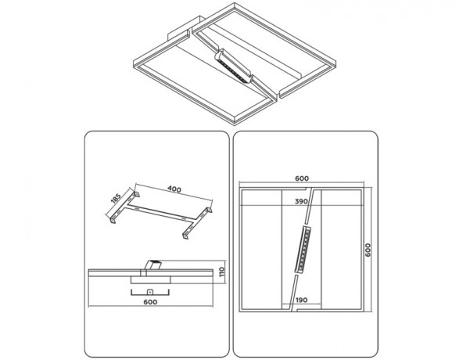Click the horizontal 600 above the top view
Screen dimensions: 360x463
(302, 179)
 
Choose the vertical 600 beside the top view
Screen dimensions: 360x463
(369, 248)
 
